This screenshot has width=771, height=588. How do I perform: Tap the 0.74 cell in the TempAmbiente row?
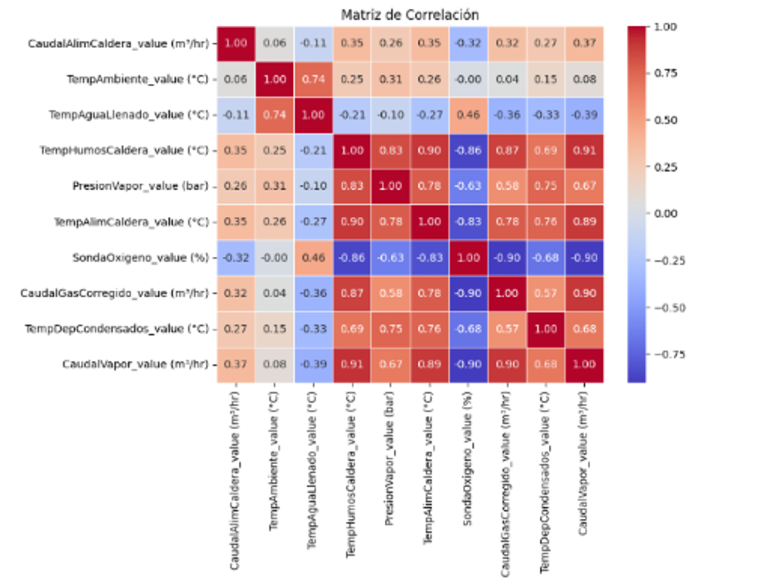coord(313,79)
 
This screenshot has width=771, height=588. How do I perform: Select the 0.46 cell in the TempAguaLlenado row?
coord(469,115)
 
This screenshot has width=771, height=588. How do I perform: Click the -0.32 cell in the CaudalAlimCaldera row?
coord(469,43)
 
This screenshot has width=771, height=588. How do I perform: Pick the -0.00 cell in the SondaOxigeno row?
coord(274,258)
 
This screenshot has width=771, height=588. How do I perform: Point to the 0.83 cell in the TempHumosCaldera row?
coord(391,150)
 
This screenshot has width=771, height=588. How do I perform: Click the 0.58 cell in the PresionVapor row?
coord(508,186)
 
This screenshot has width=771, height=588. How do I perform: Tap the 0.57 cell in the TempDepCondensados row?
coord(508,329)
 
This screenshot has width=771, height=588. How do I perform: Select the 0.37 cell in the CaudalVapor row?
coord(236,364)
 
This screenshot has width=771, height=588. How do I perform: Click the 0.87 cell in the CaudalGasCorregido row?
coord(352,293)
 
